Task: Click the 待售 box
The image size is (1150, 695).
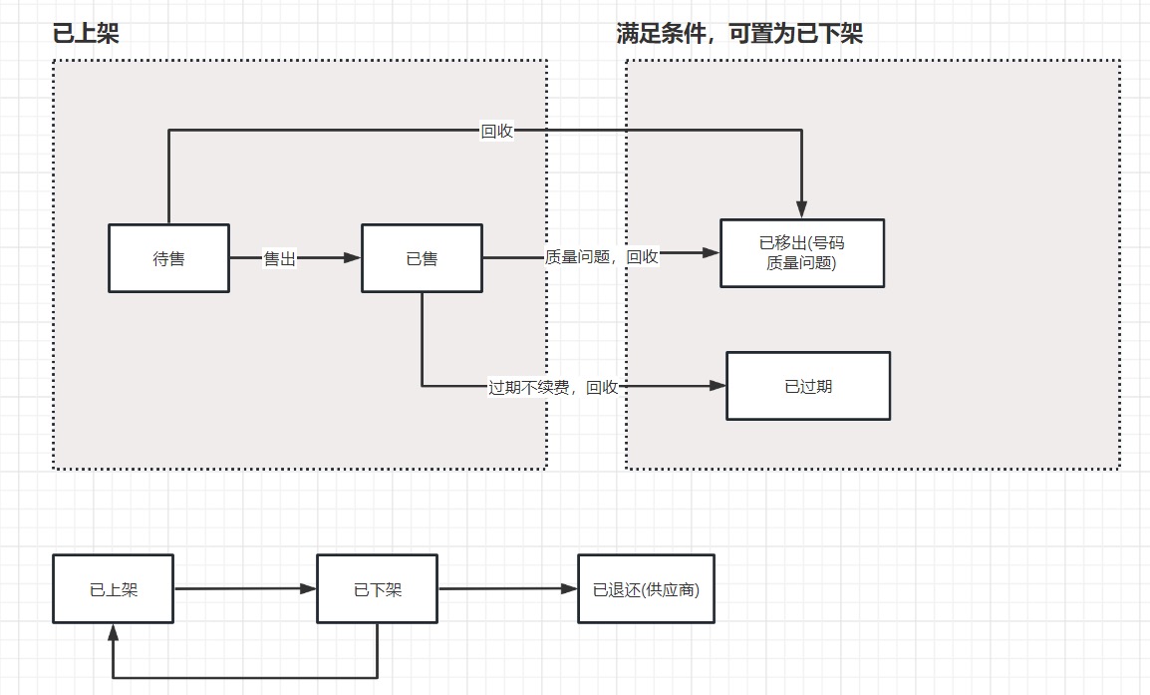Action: pyautogui.click(x=168, y=258)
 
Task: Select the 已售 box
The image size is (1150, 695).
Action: pyautogui.click(x=422, y=258)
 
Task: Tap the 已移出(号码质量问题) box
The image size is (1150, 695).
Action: pyautogui.click(x=802, y=253)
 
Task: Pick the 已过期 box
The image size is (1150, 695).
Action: pyautogui.click(x=808, y=386)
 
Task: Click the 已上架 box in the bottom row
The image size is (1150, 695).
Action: pyautogui.click(x=113, y=589)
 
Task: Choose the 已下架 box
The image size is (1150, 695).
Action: pyautogui.click(x=377, y=589)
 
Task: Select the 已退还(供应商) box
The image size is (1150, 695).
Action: pyautogui.click(x=646, y=589)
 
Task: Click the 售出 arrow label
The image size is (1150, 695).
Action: pyautogui.click(x=279, y=258)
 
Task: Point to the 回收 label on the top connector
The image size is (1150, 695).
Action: pyautogui.click(x=497, y=131)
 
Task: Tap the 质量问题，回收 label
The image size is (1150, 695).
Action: pyautogui.click(x=602, y=256)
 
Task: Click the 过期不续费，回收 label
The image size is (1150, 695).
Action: pyautogui.click(x=553, y=387)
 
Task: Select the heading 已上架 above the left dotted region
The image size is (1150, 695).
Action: pyautogui.click(x=86, y=34)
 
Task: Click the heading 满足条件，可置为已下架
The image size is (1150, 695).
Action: pyautogui.click(x=739, y=34)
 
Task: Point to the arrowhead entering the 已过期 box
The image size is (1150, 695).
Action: pyautogui.click(x=718, y=386)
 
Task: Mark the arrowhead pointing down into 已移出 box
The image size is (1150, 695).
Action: pyautogui.click(x=802, y=210)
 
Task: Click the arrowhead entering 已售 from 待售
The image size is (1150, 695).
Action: pyautogui.click(x=352, y=258)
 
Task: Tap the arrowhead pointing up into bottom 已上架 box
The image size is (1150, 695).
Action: pyautogui.click(x=113, y=632)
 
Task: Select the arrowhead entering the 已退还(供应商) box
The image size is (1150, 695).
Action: pyautogui.click(x=569, y=588)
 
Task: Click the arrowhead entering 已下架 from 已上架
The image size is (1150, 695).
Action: pyautogui.click(x=308, y=588)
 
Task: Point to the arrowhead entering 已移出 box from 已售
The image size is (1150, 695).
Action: pyautogui.click(x=712, y=253)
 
